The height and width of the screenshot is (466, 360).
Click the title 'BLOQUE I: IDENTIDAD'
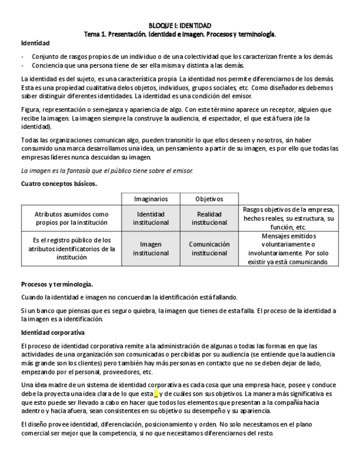point(180,26)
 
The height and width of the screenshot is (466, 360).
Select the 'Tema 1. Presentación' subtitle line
point(180,34)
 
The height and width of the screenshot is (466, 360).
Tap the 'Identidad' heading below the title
point(35,43)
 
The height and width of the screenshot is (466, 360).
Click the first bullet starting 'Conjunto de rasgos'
point(182,57)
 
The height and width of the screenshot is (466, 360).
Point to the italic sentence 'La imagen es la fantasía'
point(107,171)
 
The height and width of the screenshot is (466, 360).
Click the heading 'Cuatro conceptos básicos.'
point(59,184)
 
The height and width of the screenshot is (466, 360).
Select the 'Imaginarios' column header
point(151,199)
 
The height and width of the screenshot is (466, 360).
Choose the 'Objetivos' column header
point(209,199)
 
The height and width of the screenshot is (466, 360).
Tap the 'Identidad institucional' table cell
point(151,218)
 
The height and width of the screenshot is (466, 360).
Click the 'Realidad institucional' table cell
point(209,218)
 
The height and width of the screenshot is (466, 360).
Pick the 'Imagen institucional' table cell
point(151,248)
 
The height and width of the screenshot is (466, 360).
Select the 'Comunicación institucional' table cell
point(209,248)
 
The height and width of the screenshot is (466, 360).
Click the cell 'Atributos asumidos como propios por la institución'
point(71,218)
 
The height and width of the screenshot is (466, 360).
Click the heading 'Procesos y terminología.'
point(57,285)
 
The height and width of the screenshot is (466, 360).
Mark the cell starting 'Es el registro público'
point(71,248)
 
